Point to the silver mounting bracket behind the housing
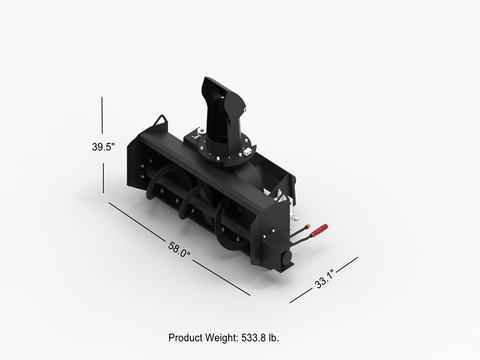pyautogui.click(x=291, y=216)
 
